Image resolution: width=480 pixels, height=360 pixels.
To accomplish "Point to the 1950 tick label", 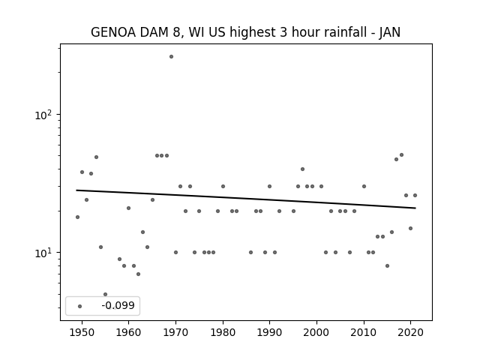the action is (82, 332).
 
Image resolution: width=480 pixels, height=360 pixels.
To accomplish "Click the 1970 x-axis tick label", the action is (175, 332).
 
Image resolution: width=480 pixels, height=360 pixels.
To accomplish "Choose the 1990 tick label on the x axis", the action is (270, 332).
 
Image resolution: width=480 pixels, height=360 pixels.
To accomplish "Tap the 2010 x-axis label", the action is (364, 332).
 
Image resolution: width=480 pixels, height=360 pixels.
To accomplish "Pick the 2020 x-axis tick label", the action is (410, 332).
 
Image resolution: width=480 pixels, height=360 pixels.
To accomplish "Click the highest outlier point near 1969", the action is (172, 57).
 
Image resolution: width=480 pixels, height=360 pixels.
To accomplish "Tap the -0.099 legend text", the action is (118, 305).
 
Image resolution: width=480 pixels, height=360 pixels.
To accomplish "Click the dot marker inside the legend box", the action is (80, 306).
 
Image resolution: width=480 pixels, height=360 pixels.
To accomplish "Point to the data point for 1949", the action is (77, 217).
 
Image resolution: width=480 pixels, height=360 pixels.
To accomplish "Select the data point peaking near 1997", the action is (302, 169).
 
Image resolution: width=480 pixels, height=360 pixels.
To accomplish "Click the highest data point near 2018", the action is (402, 155).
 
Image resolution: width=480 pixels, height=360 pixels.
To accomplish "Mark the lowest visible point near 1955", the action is (105, 294).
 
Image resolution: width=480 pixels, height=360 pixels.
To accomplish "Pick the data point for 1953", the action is (96, 157).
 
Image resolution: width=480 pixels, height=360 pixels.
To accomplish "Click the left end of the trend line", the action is (76, 190).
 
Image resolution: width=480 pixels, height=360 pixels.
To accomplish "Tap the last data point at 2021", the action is (415, 195).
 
